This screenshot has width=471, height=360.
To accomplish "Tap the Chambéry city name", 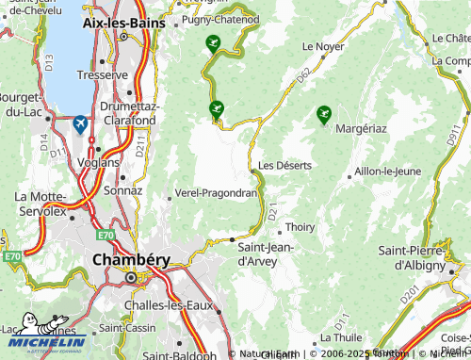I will tap(130, 258).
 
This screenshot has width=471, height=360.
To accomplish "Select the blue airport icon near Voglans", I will tap(79, 124).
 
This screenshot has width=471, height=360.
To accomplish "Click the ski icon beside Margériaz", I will tap(324, 114).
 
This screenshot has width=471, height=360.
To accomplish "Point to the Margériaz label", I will tap(361, 127).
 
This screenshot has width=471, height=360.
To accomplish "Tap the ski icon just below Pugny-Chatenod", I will tap(213, 42).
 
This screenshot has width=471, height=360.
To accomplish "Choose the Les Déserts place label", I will tap(284, 165).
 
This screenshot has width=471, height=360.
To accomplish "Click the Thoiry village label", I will tap(300, 227).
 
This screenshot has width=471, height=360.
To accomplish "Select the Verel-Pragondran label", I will tap(216, 193).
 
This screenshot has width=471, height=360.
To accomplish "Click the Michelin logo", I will tap(43, 341).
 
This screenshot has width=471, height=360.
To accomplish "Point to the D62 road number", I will tap(302, 76).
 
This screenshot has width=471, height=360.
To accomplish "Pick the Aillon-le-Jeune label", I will tap(386, 172).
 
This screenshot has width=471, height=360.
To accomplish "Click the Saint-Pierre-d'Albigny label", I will tap(417, 257).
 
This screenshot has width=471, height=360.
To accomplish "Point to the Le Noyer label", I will tap(322, 45).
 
